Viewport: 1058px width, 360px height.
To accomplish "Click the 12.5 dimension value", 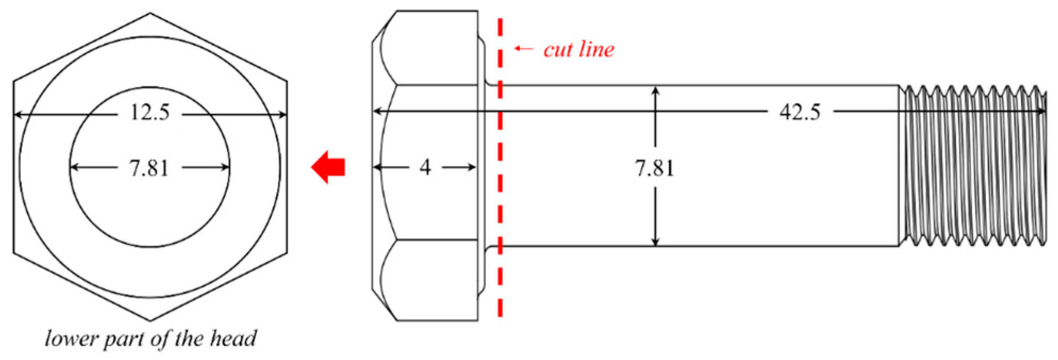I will (150, 113).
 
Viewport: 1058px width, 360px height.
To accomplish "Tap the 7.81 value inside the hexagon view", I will (149, 168).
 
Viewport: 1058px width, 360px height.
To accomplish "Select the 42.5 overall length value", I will (799, 112).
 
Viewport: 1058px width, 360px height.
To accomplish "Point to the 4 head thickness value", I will (424, 168).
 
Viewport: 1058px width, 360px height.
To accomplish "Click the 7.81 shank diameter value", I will (654, 168).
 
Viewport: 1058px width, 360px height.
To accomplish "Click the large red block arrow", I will (328, 167).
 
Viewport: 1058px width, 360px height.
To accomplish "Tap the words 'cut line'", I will (578, 49).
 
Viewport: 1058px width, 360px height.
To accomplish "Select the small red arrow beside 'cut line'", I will (523, 49).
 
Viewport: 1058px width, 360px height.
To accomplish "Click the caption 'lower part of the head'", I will (151, 339).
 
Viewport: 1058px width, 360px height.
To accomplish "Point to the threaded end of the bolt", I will (973, 166).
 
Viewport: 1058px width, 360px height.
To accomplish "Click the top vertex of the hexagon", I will (150, 13).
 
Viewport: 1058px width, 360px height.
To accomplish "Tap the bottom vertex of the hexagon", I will (150, 321).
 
